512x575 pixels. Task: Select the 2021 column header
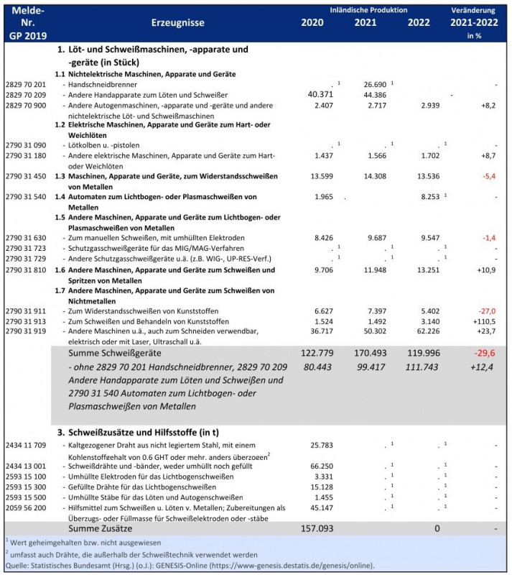coord(366,22)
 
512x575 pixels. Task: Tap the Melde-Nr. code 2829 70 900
coord(25,105)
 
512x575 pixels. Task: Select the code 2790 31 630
coord(25,237)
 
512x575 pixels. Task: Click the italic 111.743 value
coord(422,367)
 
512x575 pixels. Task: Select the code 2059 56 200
coord(25,507)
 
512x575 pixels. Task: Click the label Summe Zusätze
coord(98,528)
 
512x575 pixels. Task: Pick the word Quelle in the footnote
coord(17,565)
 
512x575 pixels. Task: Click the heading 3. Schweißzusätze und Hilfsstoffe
coord(144,433)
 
